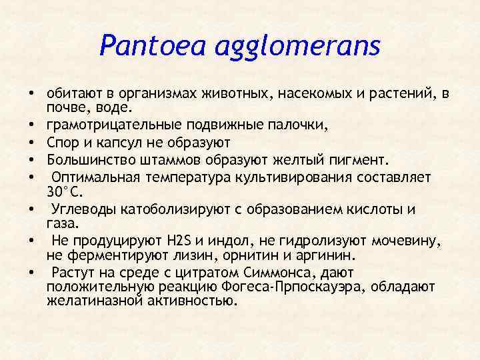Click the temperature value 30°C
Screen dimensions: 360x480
tap(64, 191)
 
